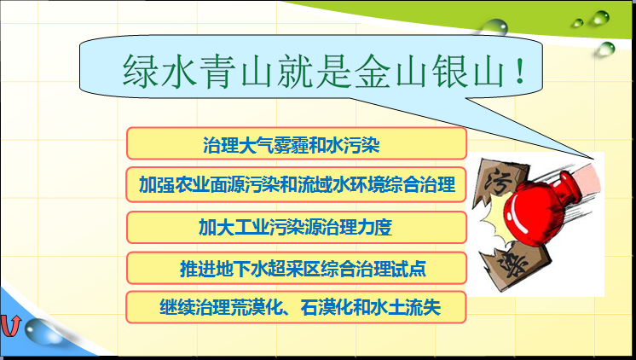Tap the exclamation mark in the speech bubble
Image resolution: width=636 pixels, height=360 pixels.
520,71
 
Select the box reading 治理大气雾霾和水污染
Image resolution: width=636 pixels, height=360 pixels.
296,143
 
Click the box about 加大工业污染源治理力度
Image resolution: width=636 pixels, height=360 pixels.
296,227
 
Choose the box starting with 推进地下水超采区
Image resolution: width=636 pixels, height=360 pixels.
296,268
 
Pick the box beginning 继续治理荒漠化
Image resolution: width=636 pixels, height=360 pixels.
296,307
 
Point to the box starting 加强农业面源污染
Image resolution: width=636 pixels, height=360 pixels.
296,184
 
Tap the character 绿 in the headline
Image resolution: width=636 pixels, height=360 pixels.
140,71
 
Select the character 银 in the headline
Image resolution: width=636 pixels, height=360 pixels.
449,71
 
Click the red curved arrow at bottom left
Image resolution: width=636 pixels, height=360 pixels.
10,326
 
